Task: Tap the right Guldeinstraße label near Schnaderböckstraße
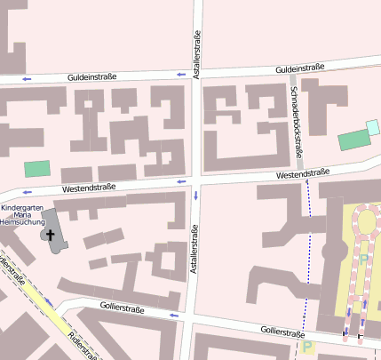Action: coord(299,68)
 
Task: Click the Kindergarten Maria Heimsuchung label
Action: coord(23,216)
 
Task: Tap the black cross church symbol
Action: coord(51,236)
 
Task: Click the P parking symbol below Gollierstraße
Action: coord(308,348)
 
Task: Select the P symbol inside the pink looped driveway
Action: coord(363,259)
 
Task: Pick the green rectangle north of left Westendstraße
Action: coord(37,168)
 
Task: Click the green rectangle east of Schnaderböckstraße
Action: coord(353,140)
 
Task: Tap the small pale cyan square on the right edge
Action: coord(373,127)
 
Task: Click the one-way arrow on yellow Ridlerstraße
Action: coord(50,303)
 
